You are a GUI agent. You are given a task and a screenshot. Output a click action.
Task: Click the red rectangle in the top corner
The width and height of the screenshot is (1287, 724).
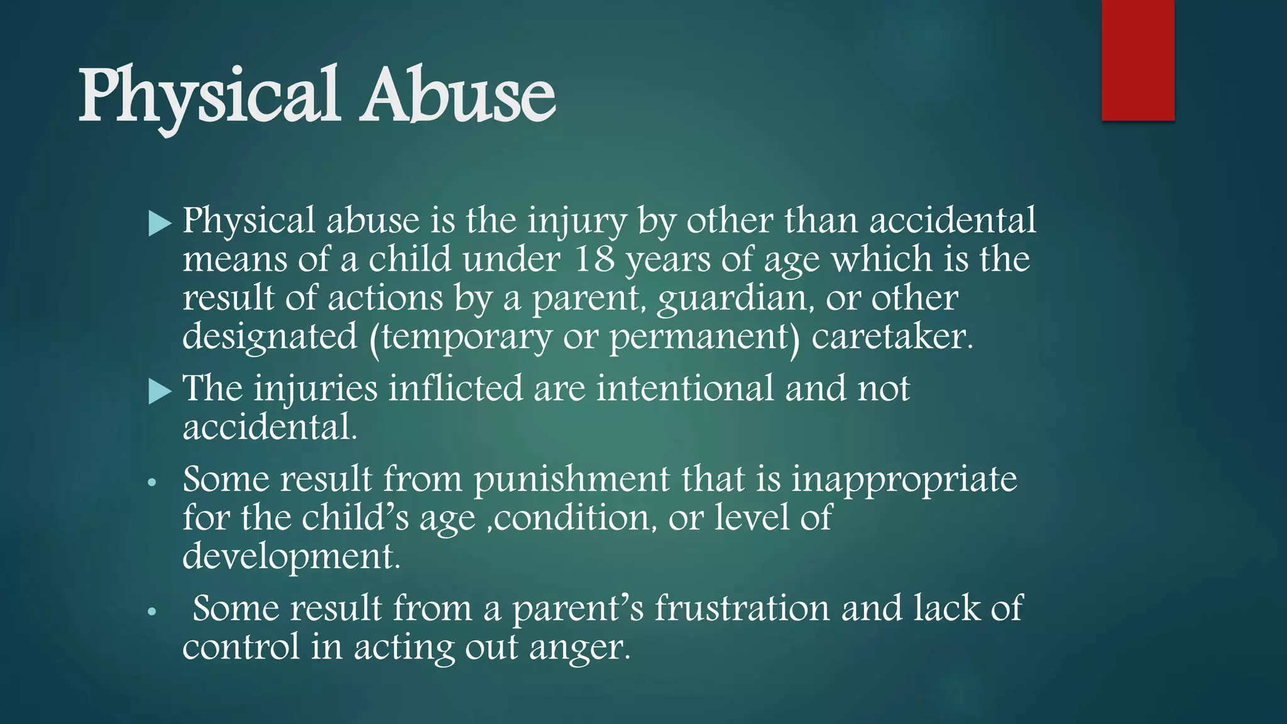[1137, 60]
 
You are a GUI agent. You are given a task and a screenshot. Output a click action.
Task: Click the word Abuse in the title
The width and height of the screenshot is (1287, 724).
[457, 96]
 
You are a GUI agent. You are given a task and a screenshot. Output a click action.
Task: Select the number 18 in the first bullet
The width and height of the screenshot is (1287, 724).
[594, 259]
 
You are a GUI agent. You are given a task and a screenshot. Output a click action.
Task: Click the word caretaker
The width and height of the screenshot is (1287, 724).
[892, 337]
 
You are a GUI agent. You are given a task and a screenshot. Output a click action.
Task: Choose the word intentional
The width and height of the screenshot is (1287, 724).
[685, 388]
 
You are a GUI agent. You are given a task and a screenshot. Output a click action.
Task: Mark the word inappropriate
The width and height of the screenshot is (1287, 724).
[904, 480]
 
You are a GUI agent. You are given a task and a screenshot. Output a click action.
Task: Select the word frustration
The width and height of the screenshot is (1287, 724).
[742, 608]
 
